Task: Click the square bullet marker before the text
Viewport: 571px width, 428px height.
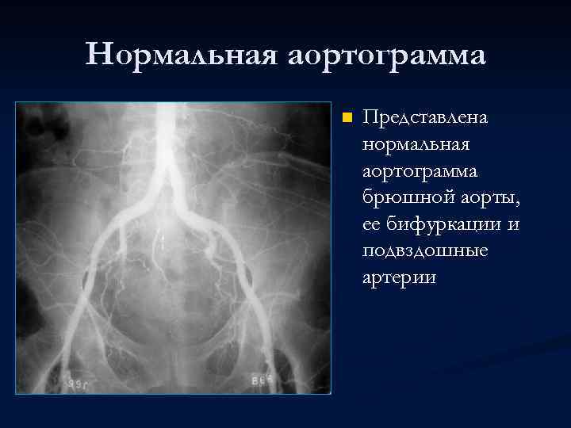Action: click(346, 118)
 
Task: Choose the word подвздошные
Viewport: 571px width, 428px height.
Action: click(424, 251)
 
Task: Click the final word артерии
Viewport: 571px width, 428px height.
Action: click(399, 278)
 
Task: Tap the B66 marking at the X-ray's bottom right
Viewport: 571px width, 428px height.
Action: click(264, 379)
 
